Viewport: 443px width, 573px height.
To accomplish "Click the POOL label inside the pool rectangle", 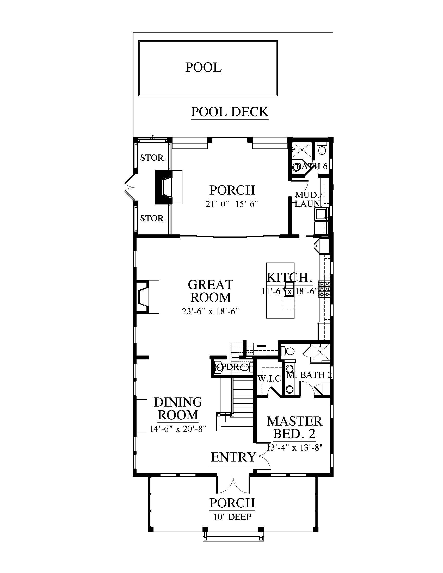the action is pyautogui.click(x=204, y=67).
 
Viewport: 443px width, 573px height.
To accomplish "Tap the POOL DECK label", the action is pyautogui.click(x=230, y=112).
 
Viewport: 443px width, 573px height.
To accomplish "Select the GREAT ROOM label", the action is pyautogui.click(x=211, y=291).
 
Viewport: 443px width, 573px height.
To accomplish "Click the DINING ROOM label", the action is pyautogui.click(x=178, y=409).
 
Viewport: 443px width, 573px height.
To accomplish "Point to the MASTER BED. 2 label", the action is pyautogui.click(x=294, y=428).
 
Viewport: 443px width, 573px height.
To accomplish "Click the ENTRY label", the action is pyautogui.click(x=233, y=457).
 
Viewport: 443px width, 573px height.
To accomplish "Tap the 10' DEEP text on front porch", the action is pyautogui.click(x=232, y=517).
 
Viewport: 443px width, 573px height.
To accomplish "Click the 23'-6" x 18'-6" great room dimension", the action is pyautogui.click(x=211, y=312).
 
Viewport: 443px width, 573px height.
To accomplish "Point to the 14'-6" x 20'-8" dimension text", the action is pyautogui.click(x=178, y=429).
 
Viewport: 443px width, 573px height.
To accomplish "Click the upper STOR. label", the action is pyautogui.click(x=153, y=158).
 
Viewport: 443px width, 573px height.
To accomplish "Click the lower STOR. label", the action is pyautogui.click(x=153, y=219).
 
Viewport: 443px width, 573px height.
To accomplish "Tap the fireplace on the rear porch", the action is pyautogui.click(x=168, y=187).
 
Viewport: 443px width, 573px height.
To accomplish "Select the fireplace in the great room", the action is pyautogui.click(x=147, y=297).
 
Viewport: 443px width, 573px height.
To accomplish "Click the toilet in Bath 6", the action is pyautogui.click(x=322, y=149).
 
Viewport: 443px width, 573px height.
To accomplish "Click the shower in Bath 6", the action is pyautogui.click(x=303, y=150).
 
